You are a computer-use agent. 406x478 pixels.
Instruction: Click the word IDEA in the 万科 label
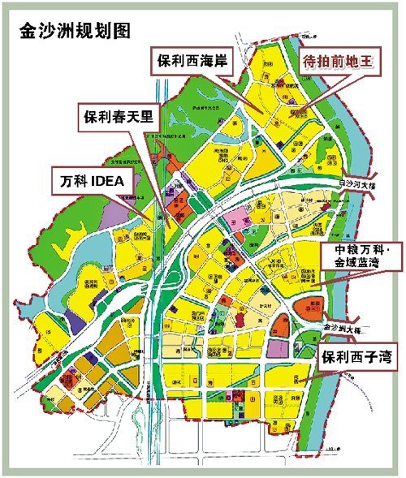109,180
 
